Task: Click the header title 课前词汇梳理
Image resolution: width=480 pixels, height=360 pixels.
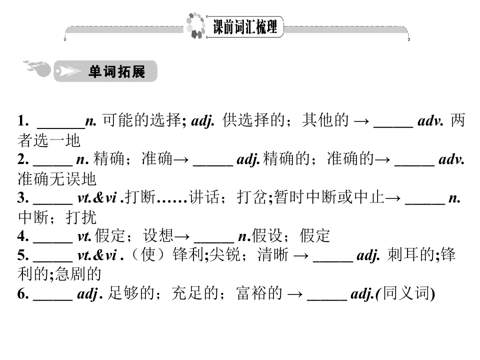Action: [x=245, y=27]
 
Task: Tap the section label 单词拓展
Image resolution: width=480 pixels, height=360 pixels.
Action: [x=116, y=71]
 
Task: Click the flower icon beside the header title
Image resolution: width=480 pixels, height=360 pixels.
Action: [x=195, y=25]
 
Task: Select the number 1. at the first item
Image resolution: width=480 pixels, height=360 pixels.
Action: [x=23, y=120]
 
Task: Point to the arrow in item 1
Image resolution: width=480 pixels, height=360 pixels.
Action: [x=361, y=121]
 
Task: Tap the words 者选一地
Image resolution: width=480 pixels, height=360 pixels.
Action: [x=49, y=140]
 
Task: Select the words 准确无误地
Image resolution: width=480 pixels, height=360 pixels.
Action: [x=57, y=179]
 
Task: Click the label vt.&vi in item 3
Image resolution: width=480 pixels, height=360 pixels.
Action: [x=97, y=198]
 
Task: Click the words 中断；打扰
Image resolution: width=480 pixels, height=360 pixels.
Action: [x=57, y=217]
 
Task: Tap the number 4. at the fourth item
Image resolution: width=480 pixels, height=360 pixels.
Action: [x=23, y=236]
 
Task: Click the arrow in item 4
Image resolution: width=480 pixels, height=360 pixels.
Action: [x=182, y=236]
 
